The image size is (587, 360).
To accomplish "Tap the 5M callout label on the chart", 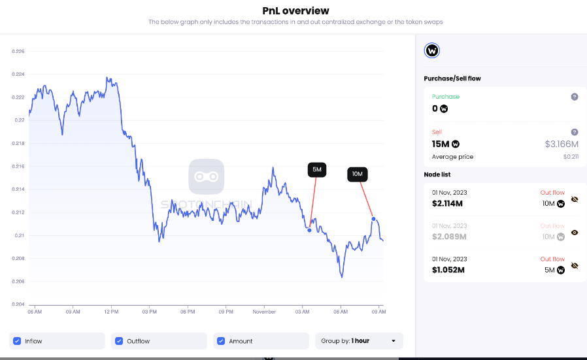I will click(317, 170).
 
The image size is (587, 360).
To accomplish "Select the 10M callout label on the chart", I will click(358, 174).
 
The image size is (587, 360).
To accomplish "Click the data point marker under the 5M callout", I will click(309, 229).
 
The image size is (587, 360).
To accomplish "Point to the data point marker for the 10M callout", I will click(373, 219).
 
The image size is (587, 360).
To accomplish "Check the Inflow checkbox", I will click(17, 341).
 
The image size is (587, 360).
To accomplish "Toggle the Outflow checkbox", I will click(119, 341).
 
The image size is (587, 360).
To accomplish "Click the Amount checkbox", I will click(221, 341).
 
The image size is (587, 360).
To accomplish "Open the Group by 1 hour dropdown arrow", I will click(394, 341).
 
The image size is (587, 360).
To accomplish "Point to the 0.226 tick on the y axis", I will click(19, 51).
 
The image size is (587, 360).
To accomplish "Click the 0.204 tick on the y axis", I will click(19, 304).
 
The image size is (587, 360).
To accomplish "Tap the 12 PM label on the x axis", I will click(111, 312).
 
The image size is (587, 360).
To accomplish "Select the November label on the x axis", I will click(264, 312).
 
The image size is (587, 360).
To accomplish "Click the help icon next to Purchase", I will click(575, 97).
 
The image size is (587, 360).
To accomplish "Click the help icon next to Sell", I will click(575, 132).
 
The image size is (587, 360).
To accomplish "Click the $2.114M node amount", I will click(447, 204).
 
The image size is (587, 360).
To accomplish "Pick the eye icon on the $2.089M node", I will click(575, 232).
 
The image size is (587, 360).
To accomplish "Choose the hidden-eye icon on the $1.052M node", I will click(575, 266).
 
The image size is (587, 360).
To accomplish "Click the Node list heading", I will click(437, 174).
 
